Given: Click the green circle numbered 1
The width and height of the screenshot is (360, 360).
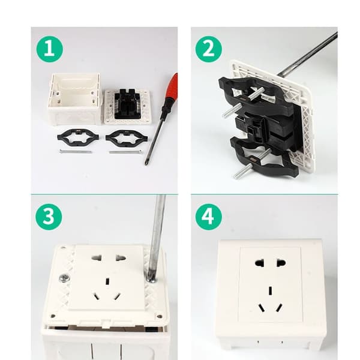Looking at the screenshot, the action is coord(49,50).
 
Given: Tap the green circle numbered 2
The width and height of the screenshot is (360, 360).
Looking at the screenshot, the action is coord(208,50).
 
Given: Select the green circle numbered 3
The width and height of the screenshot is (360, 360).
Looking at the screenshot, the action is coord(49,217).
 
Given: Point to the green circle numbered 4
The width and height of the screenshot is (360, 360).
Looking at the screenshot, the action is coord(208,217).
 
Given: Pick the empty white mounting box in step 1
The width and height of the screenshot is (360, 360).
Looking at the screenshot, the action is coord(74,99).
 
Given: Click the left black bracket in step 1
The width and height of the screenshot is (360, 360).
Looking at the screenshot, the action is coord(78,137).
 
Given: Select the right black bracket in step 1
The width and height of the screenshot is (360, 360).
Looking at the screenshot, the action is coord(127,138).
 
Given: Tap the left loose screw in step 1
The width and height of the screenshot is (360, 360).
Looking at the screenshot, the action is coord(76,151).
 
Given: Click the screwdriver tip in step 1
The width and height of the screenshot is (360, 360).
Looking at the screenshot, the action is coord(145,163).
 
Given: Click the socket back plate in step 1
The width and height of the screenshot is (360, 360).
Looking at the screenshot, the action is coord(128,107).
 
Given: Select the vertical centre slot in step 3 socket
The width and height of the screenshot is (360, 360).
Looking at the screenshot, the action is coord(107,281).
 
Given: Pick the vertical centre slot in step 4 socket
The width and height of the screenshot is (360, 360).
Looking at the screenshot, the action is coord(271,291).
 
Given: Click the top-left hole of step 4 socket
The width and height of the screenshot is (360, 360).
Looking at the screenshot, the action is coord(259,262).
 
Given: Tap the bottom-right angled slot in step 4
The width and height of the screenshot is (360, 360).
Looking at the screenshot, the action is coord(280,308).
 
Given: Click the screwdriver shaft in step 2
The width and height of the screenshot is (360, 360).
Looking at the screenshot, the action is coord(307,54).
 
